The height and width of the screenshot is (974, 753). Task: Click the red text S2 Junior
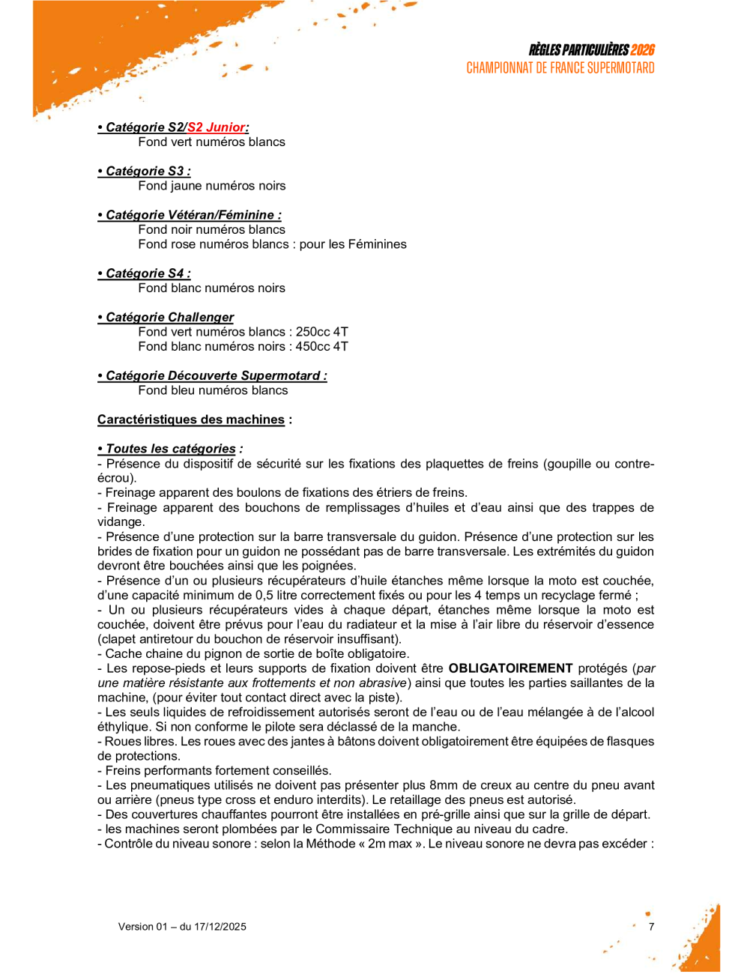(x=217, y=127)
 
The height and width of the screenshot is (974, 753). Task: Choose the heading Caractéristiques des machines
(x=191, y=420)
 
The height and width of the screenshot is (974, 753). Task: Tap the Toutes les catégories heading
(x=171, y=449)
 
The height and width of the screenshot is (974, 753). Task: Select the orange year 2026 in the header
(x=642, y=50)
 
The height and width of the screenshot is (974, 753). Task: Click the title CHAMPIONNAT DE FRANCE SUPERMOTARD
(x=560, y=68)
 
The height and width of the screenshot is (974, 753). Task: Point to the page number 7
(x=651, y=927)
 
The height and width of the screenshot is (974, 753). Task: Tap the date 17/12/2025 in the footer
(x=220, y=927)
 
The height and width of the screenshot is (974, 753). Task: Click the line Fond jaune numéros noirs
(x=211, y=186)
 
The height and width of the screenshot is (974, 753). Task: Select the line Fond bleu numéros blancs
(x=213, y=390)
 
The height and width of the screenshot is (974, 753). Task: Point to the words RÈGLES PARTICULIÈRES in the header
(x=578, y=50)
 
